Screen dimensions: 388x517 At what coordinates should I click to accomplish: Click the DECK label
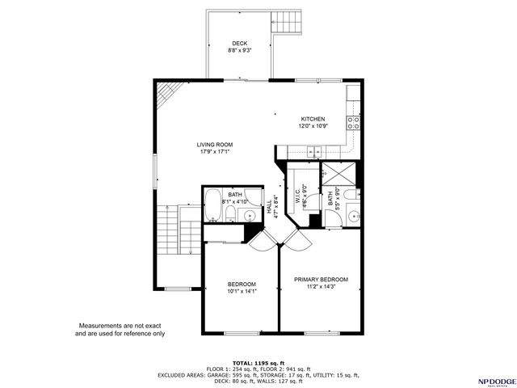point(240,44)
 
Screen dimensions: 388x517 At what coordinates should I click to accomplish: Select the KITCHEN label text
point(313,119)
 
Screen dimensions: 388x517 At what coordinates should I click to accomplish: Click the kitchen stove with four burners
point(353,123)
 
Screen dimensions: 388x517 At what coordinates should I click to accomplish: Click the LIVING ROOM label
point(215,145)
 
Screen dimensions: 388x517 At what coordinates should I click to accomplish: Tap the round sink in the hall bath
point(250,215)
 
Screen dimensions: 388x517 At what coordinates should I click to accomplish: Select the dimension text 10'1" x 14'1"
point(242,292)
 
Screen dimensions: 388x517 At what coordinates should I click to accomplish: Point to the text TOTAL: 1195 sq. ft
point(259,363)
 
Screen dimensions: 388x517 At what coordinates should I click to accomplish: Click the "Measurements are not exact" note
point(120,326)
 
